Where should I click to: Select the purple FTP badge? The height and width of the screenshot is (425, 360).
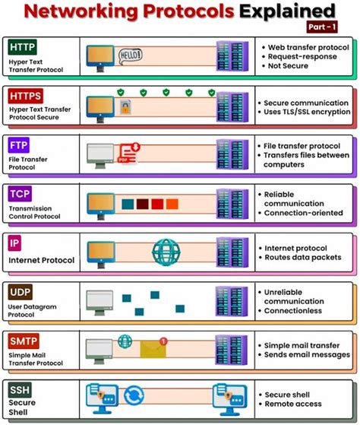[x=19, y=144]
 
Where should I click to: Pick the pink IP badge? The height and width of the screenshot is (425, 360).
[x=14, y=243]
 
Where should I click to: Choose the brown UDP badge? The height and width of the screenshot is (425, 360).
[x=20, y=291]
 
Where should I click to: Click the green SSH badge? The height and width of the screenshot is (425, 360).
[x=19, y=389]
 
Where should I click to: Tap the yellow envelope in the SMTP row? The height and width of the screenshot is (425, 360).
[x=153, y=348]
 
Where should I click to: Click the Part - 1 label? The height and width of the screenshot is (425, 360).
[x=320, y=27]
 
